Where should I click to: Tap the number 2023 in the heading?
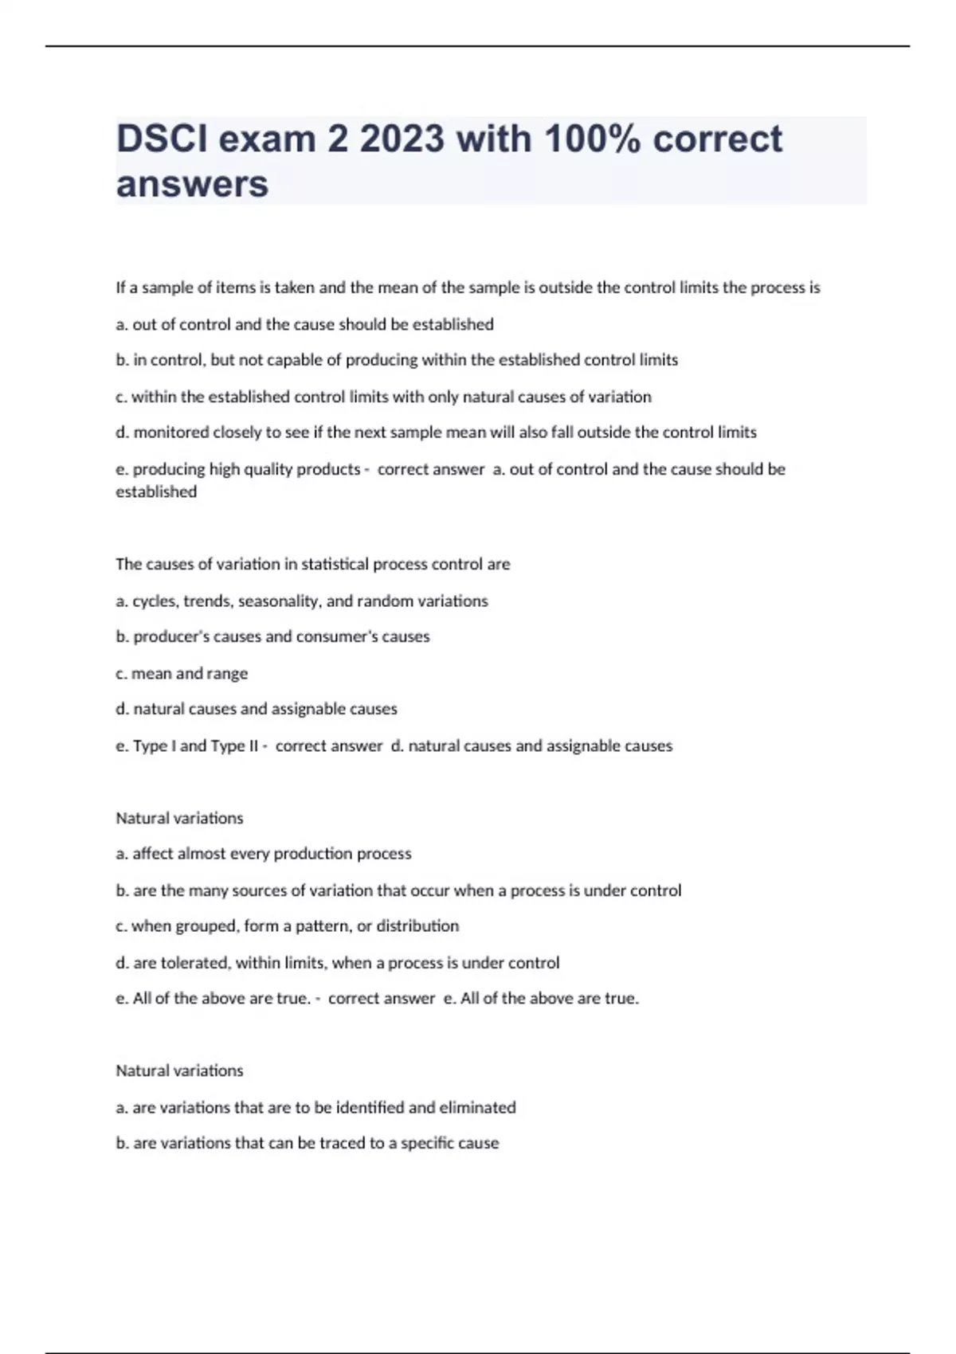point(402,139)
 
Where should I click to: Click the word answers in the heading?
point(192,185)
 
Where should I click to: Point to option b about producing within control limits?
point(397,360)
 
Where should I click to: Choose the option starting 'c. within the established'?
point(383,397)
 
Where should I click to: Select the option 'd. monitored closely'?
point(436,432)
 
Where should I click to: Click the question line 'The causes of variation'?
point(312,564)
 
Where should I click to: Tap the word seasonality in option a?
point(279,601)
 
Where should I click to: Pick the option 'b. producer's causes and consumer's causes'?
point(272,636)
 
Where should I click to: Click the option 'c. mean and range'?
point(182,673)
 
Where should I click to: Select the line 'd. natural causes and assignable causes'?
point(256,709)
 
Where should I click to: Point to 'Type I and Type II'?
point(195,745)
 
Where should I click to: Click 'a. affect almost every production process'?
point(263,854)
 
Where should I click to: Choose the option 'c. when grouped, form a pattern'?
point(287,925)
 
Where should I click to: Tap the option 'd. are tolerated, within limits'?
point(337,962)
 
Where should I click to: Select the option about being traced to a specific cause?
point(307,1143)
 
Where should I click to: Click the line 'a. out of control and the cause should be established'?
point(304,324)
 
